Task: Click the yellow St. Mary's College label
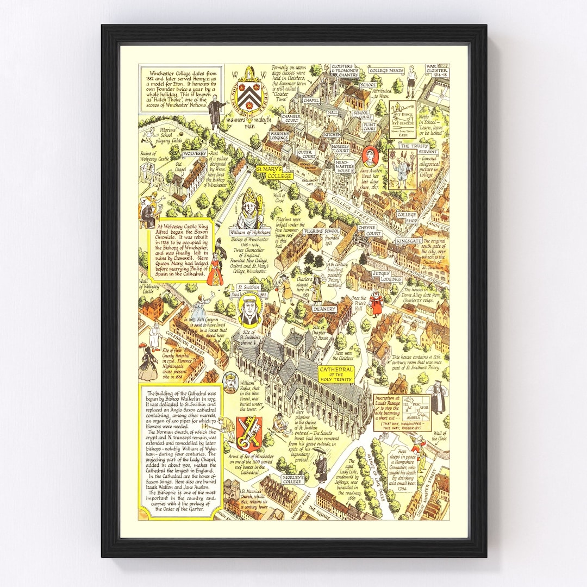275,172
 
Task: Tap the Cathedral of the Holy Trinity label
336,374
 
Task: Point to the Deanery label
324,308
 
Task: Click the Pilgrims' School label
321,231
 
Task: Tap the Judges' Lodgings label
386,277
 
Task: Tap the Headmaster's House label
344,165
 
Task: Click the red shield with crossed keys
249,433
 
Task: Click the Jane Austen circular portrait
369,155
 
